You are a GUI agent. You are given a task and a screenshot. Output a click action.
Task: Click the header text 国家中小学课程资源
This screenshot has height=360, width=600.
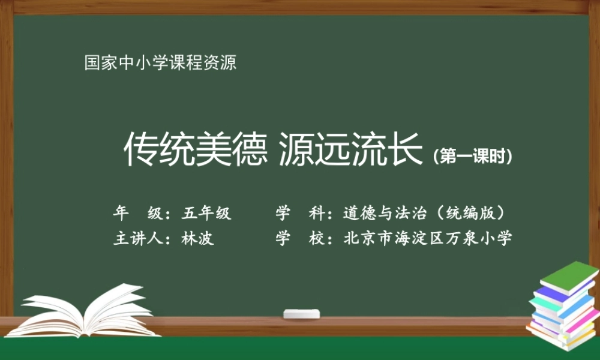click(x=160, y=62)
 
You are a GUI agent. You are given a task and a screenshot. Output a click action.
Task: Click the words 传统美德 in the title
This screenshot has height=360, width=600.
click(x=195, y=150)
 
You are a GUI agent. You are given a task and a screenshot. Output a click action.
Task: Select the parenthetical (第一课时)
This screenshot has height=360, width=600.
click(x=473, y=156)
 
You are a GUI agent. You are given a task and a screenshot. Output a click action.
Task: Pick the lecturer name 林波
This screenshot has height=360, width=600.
click(x=197, y=238)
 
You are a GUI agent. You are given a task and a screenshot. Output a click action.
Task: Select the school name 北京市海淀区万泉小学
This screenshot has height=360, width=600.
click(x=428, y=238)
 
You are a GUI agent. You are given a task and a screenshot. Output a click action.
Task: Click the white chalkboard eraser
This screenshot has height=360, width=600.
click(x=301, y=314)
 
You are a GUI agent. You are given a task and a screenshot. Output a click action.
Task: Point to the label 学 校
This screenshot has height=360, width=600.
click(x=299, y=238)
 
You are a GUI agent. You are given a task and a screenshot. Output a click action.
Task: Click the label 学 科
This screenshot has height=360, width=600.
click(x=299, y=213)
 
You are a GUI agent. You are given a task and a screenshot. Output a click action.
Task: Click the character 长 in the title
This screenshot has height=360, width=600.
click(x=407, y=150)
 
